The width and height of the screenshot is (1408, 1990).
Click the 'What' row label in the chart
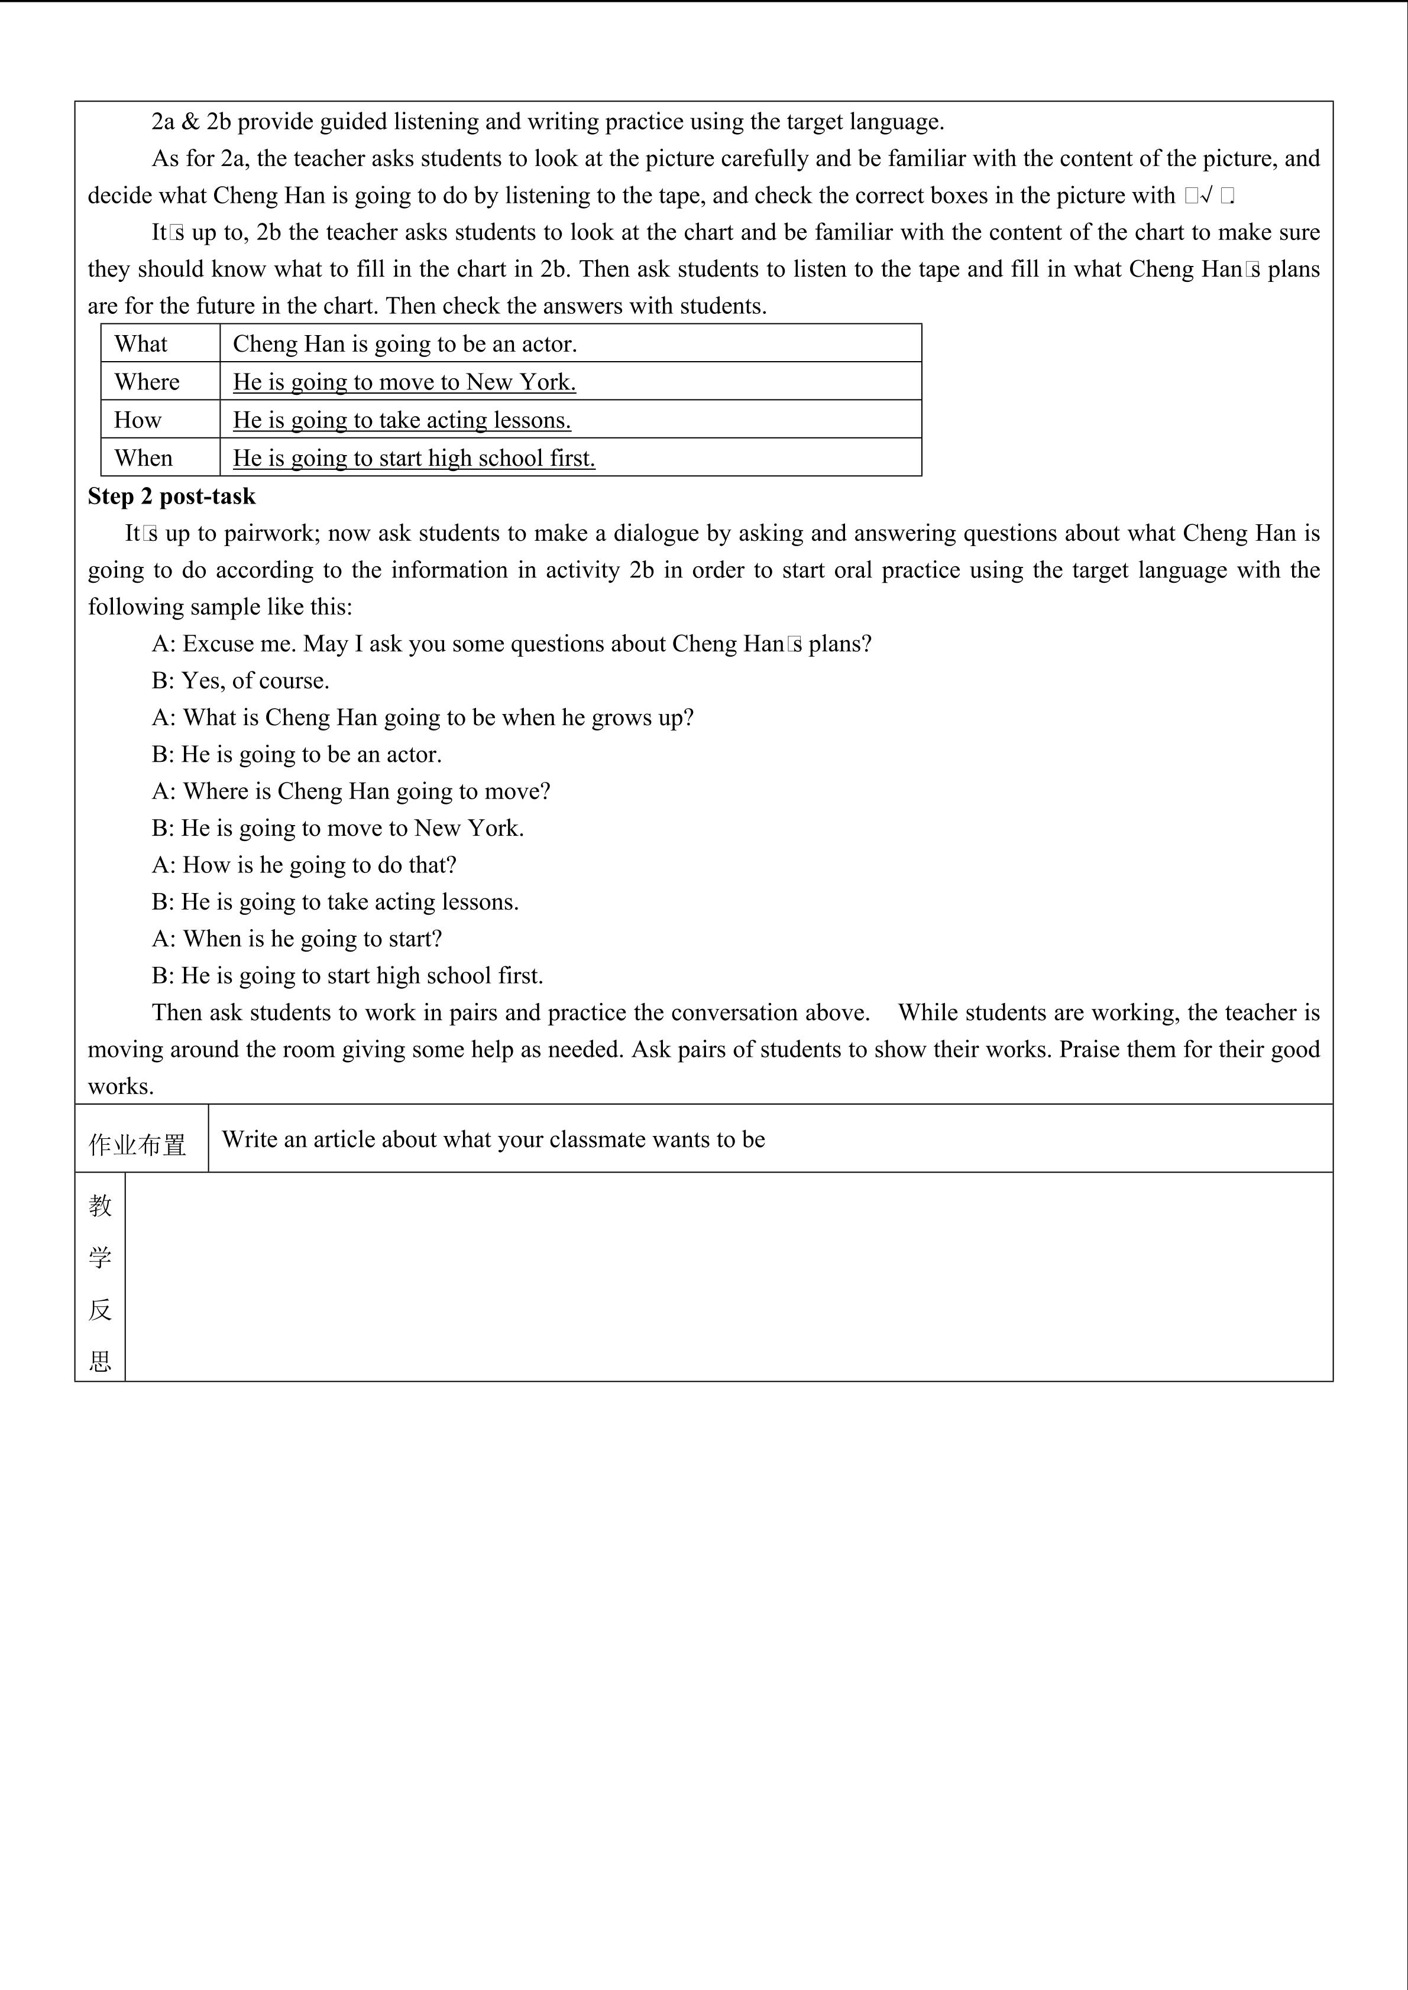pyautogui.click(x=141, y=344)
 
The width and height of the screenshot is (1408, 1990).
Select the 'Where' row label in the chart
pyautogui.click(x=147, y=382)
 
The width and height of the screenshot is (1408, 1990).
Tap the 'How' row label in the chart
pyautogui.click(x=137, y=420)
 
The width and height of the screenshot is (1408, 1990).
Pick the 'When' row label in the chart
pyautogui.click(x=143, y=459)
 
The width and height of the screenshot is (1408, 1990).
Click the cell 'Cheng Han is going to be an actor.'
pyautogui.click(x=405, y=344)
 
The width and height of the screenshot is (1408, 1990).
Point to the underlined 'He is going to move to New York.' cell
pyautogui.click(x=404, y=382)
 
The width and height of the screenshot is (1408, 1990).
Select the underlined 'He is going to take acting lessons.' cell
pyautogui.click(x=402, y=420)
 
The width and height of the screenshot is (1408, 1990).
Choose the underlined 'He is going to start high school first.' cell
pyautogui.click(x=413, y=459)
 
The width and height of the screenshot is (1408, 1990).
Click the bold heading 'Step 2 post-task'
pyautogui.click(x=171, y=496)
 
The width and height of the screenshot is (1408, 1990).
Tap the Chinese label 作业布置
pyautogui.click(x=137, y=1145)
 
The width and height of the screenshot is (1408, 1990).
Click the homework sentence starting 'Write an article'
pyautogui.click(x=493, y=1140)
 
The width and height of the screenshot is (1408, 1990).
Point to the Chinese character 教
pyautogui.click(x=100, y=1206)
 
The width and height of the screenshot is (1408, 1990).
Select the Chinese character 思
pyautogui.click(x=100, y=1362)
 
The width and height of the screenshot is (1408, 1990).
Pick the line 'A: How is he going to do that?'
pyautogui.click(x=303, y=865)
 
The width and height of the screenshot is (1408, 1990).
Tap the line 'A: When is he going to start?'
pyautogui.click(x=296, y=939)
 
